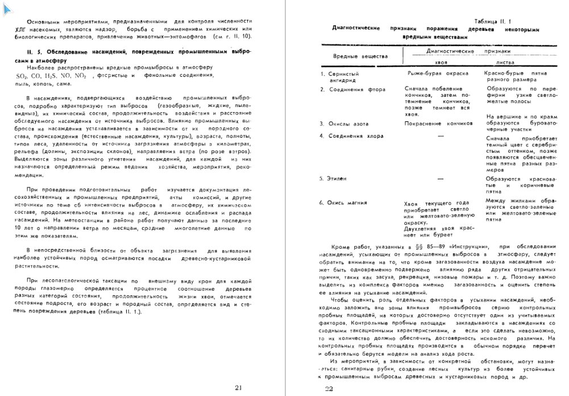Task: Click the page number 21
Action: [x=238, y=388]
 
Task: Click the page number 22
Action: [x=329, y=389]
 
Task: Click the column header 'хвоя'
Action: [x=433, y=63]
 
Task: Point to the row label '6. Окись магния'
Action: [x=343, y=202]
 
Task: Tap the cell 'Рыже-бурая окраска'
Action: [x=438, y=74]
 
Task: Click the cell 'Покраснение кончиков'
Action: [x=436, y=123]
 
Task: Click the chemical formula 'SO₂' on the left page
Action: [x=22, y=75]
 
